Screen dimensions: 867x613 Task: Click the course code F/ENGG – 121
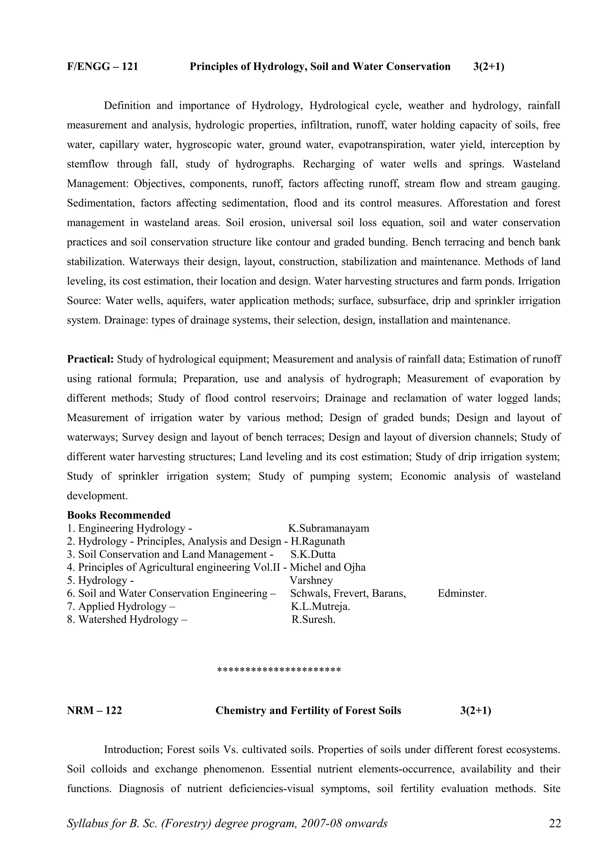tap(102, 67)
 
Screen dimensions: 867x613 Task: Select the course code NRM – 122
tap(94, 711)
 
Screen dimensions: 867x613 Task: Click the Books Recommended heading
tap(119, 515)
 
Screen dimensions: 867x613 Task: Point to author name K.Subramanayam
tap(329, 528)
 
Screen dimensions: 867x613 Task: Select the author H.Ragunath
tap(318, 541)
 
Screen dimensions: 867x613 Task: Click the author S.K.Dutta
tap(313, 554)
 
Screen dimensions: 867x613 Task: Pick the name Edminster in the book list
tap(462, 593)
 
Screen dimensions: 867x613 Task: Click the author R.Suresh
tap(313, 619)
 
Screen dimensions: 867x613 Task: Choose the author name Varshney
tap(311, 580)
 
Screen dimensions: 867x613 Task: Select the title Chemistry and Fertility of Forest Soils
tap(308, 711)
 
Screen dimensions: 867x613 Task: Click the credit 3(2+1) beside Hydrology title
tap(488, 67)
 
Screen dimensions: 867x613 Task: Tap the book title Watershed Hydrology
tap(128, 619)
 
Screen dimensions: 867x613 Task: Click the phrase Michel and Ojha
tap(327, 567)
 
